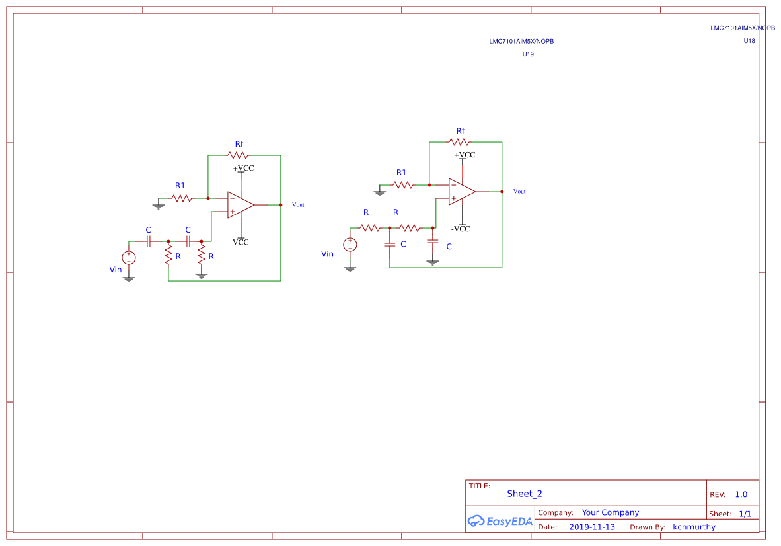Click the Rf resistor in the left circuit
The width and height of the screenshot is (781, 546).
(237, 155)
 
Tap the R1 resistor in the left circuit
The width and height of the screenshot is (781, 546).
(181, 198)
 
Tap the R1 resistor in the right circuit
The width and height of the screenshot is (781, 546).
(402, 185)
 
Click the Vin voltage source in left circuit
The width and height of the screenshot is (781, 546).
(128, 258)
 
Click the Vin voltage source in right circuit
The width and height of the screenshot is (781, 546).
(350, 245)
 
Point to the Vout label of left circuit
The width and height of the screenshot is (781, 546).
(298, 205)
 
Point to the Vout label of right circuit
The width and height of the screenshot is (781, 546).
(519, 192)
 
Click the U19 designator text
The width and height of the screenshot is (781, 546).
(528, 54)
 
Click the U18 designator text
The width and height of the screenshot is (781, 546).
(749, 41)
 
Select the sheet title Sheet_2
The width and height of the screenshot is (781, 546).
(524, 494)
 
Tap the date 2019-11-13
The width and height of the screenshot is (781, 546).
(591, 527)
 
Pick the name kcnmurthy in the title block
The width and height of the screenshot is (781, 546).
(694, 527)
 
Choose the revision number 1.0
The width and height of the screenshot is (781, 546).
(741, 494)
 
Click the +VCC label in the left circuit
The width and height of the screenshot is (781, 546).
(242, 168)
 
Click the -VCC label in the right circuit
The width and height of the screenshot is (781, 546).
(461, 229)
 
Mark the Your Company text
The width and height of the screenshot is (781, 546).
(610, 512)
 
